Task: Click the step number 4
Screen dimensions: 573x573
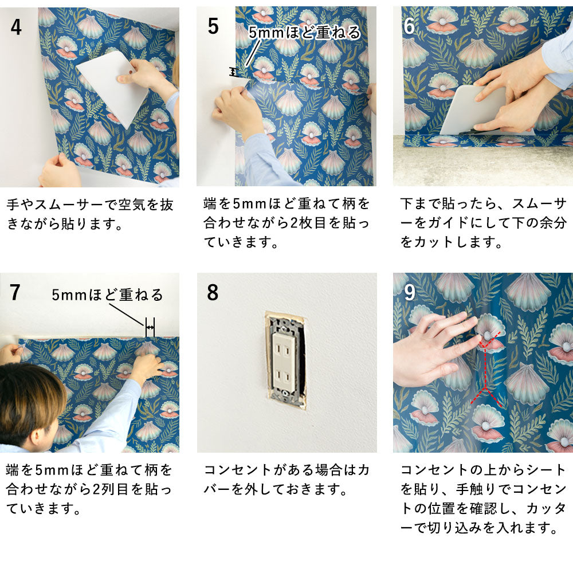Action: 16,26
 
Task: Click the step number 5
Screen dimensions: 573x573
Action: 213,26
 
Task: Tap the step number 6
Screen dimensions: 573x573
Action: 409,26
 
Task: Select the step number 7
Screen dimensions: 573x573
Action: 16,292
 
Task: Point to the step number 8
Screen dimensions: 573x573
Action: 213,292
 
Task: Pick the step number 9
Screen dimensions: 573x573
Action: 409,292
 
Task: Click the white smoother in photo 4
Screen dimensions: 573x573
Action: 112,86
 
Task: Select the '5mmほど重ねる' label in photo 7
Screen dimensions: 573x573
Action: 107,295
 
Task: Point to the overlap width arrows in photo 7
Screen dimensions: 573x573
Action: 150,327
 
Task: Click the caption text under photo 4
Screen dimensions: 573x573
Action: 89,214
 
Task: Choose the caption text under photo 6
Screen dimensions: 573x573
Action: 483,223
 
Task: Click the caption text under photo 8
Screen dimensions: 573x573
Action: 286,480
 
